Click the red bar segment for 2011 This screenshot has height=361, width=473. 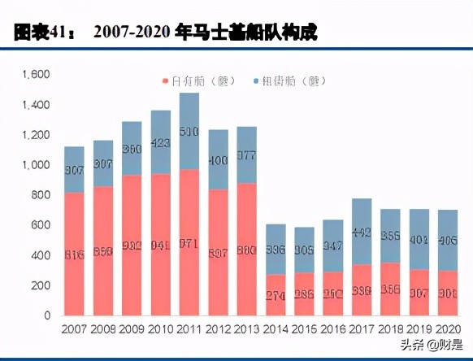click(x=189, y=242)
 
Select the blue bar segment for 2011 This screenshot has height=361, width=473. click(x=189, y=131)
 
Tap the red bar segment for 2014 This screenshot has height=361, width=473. click(x=276, y=294)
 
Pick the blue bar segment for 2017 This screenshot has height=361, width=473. click(x=362, y=232)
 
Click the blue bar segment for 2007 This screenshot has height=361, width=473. click(x=75, y=169)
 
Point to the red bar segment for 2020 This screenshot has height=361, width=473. click(x=448, y=293)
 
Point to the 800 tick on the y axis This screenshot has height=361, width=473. click(x=41, y=195)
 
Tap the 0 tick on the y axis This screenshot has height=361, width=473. click(x=47, y=315)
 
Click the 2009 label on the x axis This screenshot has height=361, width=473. click(x=132, y=331)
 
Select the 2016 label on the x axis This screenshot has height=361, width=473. click(x=333, y=331)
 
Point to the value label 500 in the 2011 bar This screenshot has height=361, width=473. click(x=189, y=131)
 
